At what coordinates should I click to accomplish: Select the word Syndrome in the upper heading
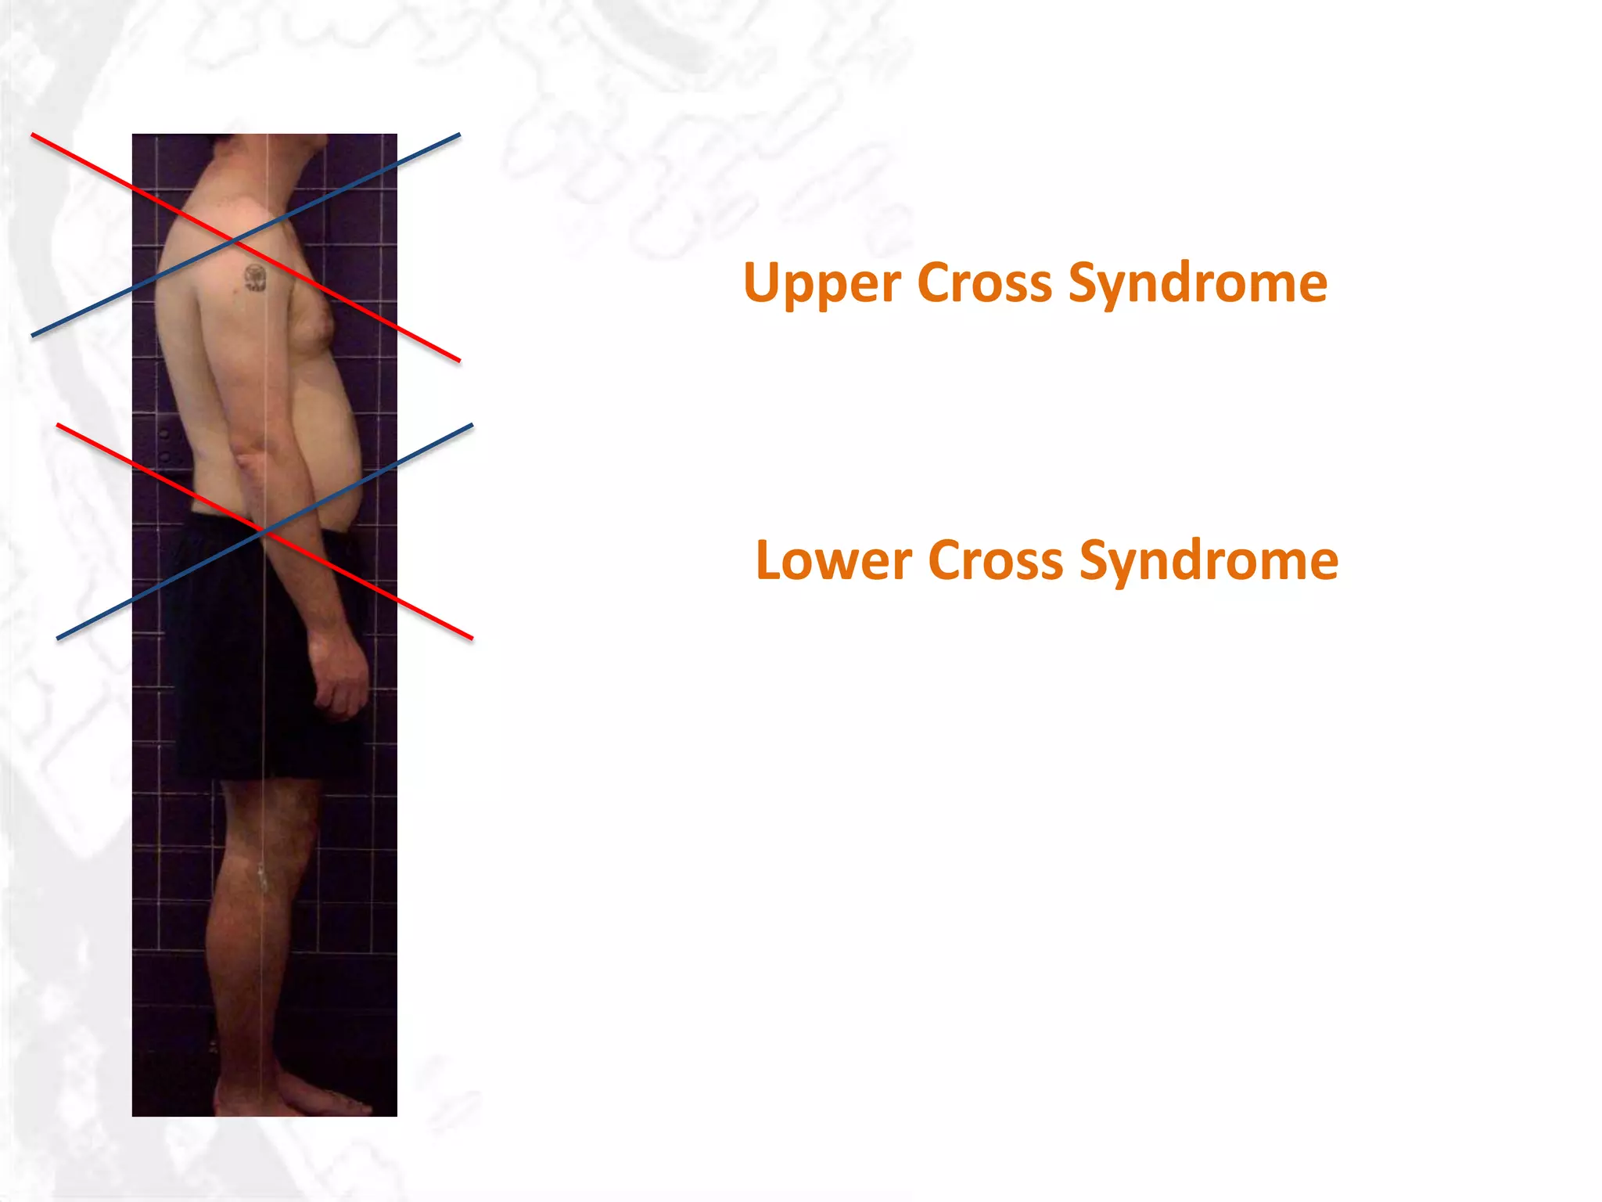click(1198, 283)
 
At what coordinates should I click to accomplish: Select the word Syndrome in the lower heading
click(1209, 561)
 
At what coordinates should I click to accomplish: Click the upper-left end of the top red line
click(33, 135)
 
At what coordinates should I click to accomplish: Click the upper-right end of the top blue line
click(459, 135)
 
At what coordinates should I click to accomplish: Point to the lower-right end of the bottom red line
click(472, 638)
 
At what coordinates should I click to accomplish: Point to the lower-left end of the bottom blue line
click(58, 638)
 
